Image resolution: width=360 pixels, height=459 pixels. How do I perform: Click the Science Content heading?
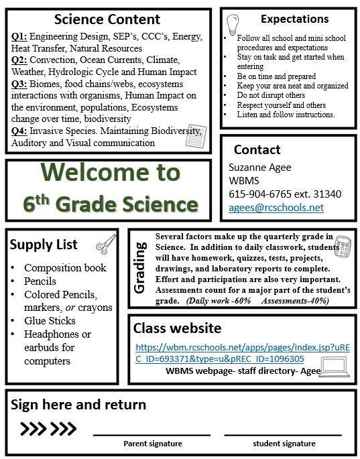point(107,19)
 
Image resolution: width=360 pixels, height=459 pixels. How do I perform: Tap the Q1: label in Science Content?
point(19,37)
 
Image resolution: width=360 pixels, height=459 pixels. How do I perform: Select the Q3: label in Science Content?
point(19,84)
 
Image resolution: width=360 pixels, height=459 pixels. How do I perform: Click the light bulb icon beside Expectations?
point(233,25)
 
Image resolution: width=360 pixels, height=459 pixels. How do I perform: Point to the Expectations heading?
point(294,19)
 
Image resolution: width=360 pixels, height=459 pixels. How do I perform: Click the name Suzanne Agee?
point(259,167)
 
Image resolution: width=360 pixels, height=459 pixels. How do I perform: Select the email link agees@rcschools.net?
point(276,208)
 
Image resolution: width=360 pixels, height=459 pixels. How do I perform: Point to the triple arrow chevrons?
point(48,429)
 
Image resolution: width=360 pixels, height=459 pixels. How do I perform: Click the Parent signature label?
point(153,444)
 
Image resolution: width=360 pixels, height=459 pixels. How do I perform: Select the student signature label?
point(284,444)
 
